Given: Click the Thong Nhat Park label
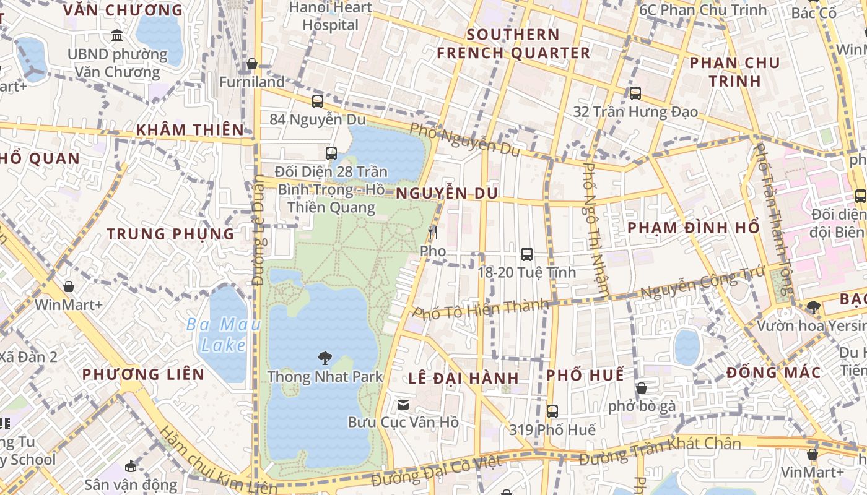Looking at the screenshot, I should tap(325, 376).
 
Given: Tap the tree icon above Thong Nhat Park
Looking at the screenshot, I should tap(325, 358).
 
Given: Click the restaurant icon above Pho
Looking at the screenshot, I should tap(433, 233).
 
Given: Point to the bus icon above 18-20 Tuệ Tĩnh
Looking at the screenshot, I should tap(526, 254).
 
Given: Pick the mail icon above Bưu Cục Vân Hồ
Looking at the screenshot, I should tap(403, 405).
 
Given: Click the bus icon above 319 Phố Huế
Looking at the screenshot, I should tap(552, 411).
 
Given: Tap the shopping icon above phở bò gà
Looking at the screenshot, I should tap(642, 388).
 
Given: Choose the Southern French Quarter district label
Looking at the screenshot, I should tap(513, 43).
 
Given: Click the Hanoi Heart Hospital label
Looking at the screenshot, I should tap(331, 16).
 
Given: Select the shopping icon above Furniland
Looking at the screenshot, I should tap(252, 64).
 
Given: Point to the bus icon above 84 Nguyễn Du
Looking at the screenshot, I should tap(318, 101).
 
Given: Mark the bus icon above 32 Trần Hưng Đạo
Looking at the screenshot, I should tap(635, 93).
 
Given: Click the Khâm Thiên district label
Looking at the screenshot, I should tap(190, 129).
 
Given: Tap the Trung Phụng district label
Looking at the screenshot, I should tap(171, 234).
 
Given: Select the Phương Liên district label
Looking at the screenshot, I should tap(143, 374).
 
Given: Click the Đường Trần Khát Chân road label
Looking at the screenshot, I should tap(660, 450).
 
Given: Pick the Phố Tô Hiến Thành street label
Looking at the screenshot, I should tap(481, 308).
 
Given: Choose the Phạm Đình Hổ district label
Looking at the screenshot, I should tap(694, 227).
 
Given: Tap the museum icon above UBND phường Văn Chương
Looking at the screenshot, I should tap(116, 35).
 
